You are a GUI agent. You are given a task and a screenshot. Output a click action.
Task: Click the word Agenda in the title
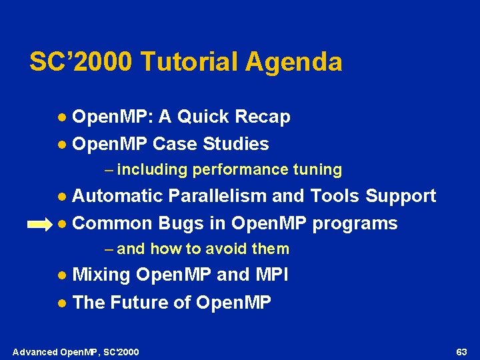(x=293, y=62)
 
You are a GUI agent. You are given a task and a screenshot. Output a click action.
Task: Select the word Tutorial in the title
(x=189, y=62)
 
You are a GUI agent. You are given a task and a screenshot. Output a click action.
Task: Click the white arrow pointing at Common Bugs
(x=38, y=225)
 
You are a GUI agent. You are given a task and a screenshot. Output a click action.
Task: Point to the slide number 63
(x=461, y=351)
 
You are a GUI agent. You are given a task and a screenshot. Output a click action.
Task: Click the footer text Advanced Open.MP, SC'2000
(x=75, y=351)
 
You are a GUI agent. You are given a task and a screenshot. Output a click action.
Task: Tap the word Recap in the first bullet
(x=263, y=117)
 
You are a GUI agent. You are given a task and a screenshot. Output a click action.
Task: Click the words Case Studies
(x=211, y=144)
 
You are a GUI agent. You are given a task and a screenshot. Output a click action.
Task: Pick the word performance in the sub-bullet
(x=233, y=170)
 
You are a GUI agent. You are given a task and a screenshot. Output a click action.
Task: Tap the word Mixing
(x=101, y=275)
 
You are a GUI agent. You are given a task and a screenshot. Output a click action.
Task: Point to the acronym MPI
(x=275, y=275)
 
